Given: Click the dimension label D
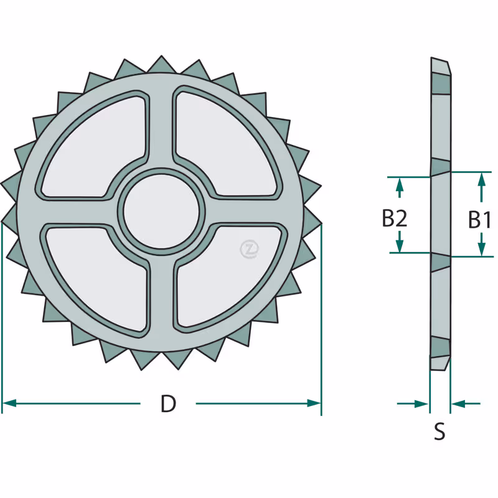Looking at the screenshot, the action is (168, 403).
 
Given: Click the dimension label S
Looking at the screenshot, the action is (439, 431).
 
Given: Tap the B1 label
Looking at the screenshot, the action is (479, 220).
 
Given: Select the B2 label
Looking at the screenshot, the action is (394, 218).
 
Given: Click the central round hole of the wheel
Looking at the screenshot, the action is (161, 212).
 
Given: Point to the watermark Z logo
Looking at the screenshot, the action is (250, 249).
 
